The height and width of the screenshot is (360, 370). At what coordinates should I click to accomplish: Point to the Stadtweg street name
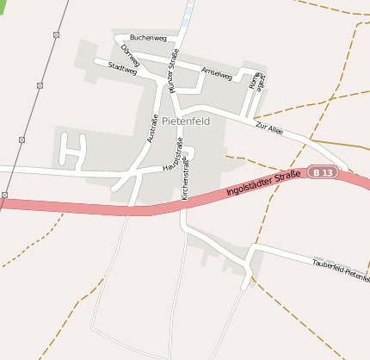122,68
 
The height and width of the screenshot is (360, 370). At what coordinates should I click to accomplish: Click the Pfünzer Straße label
174,71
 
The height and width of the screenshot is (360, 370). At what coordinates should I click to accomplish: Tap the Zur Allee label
269,128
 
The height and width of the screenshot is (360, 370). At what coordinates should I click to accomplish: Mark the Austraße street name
152,128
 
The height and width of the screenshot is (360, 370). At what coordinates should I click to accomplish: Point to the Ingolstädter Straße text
264,183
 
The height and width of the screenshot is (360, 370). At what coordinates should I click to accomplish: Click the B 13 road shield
323,172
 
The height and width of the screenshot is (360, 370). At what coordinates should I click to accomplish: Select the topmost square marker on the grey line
56,34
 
